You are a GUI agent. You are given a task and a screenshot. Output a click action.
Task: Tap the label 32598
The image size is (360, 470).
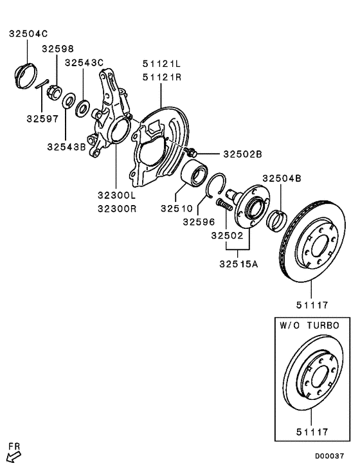coord(58,48)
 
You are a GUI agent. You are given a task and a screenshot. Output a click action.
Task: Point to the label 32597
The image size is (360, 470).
coord(42,118)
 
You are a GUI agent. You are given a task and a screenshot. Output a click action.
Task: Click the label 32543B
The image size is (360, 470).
coord(66,147)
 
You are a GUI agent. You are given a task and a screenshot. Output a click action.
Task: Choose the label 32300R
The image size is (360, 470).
coord(116,208)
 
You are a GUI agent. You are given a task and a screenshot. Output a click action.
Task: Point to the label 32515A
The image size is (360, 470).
coord(238,264)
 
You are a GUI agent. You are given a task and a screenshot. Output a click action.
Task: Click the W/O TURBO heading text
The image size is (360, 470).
coord(309,326)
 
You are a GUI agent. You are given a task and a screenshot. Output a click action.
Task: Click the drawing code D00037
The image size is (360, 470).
coord(329,456)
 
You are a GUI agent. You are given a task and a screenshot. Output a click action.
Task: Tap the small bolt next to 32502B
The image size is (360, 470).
coord(192,152)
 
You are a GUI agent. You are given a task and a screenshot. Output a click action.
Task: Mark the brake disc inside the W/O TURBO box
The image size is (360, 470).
coord(312,379)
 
